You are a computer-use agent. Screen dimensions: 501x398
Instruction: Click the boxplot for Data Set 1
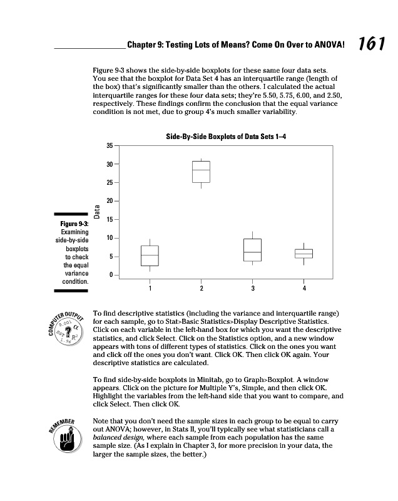click(x=150, y=256)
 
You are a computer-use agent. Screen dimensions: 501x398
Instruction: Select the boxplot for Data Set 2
click(x=201, y=172)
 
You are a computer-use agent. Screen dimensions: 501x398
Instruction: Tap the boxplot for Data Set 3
click(x=252, y=250)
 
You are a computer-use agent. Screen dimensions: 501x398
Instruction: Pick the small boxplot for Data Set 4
click(x=304, y=253)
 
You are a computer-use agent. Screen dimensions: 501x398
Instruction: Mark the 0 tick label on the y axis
click(x=111, y=276)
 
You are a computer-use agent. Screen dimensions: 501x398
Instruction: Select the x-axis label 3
click(x=252, y=288)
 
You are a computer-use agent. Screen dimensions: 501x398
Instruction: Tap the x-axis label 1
click(x=150, y=288)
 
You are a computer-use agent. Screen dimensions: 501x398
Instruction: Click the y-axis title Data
click(x=96, y=210)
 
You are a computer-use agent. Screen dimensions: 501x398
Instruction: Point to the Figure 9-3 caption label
click(x=74, y=224)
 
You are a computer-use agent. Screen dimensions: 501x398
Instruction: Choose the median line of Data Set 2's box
click(x=201, y=170)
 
